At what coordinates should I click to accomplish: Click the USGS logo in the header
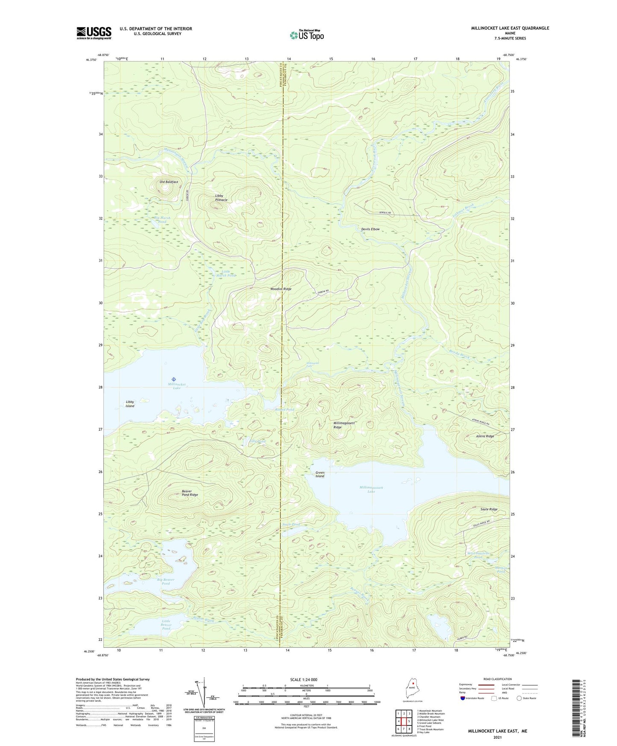tap(94, 33)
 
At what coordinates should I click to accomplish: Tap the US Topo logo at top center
tap(307, 35)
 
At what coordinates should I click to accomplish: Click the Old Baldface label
tap(169, 182)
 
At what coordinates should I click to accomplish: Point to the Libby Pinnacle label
tap(221, 198)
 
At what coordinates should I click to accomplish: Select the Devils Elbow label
tap(370, 229)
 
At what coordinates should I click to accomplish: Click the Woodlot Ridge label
tap(281, 289)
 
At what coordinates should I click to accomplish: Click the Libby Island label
tap(130, 404)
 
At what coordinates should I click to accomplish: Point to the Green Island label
tap(320, 475)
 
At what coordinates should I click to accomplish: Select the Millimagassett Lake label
tap(371, 490)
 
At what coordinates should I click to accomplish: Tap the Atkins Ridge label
tap(485, 436)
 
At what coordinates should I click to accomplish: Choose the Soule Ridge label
tap(489, 509)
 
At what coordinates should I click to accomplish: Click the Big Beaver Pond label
tap(166, 582)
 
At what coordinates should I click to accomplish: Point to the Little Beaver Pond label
tap(166, 624)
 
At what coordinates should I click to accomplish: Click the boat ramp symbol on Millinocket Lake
tap(173, 379)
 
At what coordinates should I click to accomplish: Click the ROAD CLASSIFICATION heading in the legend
tap(498, 679)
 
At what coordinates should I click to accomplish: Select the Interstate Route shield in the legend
tap(463, 698)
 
